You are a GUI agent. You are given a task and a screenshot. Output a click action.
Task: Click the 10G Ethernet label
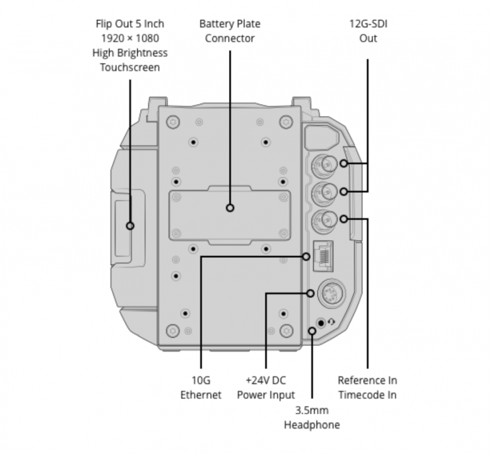[x=201, y=388]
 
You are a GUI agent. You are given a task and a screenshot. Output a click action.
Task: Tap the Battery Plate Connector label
[x=230, y=31]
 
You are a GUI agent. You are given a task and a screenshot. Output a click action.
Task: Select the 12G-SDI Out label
[x=368, y=31]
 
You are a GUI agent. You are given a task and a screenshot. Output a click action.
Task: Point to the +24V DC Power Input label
[x=266, y=388]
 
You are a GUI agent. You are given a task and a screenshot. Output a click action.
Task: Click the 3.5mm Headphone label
[x=312, y=417]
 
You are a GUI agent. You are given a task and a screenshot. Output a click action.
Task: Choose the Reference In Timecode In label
[x=368, y=388]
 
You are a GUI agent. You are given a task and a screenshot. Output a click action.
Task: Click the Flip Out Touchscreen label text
[x=130, y=45]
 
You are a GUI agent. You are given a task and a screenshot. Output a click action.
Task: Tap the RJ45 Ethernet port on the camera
[x=323, y=256]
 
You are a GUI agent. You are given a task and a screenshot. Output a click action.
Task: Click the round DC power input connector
[x=332, y=293]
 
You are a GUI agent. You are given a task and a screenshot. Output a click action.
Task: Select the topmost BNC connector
[x=324, y=164]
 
